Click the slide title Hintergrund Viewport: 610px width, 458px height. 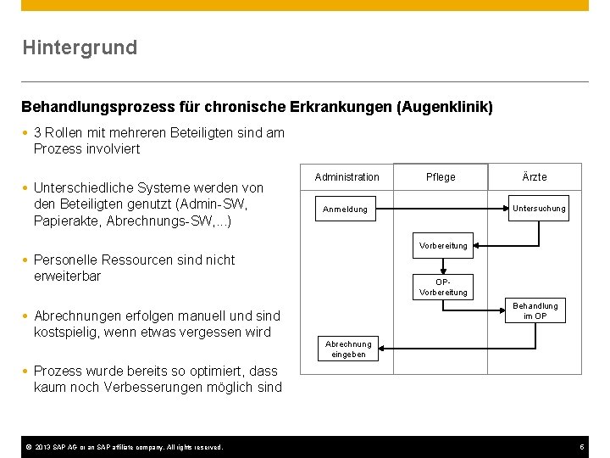[80, 47]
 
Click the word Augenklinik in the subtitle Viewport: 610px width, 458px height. [446, 108]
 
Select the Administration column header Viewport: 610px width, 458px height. [347, 176]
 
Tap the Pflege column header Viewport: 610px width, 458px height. [441, 176]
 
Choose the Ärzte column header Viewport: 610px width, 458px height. [535, 176]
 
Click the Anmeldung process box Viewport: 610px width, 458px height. [346, 209]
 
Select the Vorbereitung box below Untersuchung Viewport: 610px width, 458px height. [443, 246]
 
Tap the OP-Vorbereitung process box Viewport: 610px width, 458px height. [443, 287]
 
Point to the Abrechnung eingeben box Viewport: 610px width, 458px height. [348, 349]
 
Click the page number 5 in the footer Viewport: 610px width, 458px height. [582, 447]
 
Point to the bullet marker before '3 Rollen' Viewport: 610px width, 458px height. [25, 133]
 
